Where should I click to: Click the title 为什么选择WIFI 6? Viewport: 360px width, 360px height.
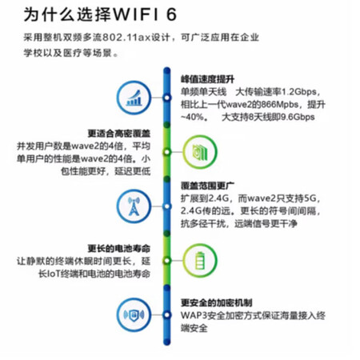click(x=100, y=14)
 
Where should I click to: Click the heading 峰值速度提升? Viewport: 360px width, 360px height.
click(x=207, y=79)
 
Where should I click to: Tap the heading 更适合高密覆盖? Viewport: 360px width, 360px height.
click(x=119, y=133)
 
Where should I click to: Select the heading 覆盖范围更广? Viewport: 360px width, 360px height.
click(x=207, y=186)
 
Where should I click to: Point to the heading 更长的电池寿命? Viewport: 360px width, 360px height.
click(x=119, y=249)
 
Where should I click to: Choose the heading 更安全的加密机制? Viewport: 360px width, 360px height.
click(x=217, y=302)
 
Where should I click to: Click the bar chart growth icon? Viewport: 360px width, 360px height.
click(x=134, y=98)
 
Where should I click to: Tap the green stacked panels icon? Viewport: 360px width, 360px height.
click(x=200, y=152)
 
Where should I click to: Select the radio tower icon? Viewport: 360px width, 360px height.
click(x=134, y=206)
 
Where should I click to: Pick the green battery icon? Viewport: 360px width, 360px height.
click(x=200, y=261)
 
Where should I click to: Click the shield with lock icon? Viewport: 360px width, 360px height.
click(x=134, y=314)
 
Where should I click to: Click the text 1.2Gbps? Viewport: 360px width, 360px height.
click(x=298, y=92)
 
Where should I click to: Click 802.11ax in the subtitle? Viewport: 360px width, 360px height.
click(x=127, y=38)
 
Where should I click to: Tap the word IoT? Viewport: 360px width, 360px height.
click(x=54, y=274)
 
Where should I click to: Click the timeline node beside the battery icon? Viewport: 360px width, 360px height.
click(x=167, y=261)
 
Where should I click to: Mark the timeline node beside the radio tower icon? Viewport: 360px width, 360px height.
click(x=167, y=206)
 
